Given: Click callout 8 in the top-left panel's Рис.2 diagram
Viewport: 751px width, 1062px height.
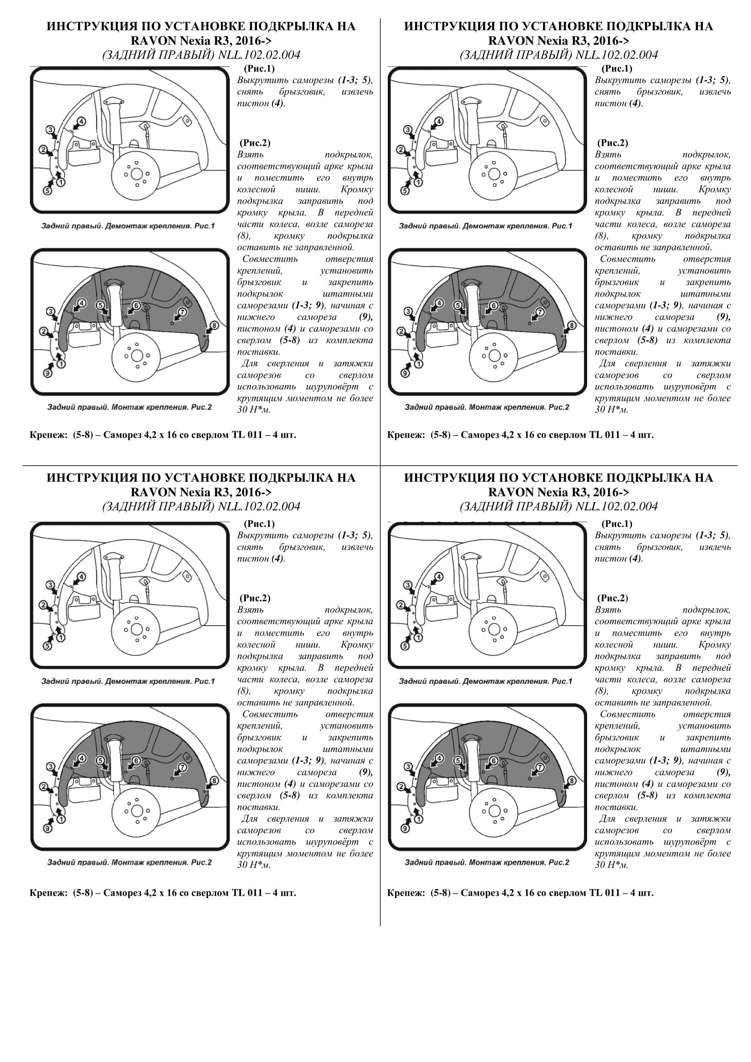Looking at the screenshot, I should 214,326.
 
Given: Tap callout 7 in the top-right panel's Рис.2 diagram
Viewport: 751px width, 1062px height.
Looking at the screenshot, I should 540,312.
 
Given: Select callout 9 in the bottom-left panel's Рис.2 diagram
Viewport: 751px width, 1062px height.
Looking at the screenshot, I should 47,828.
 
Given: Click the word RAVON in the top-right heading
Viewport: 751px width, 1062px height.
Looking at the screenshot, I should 510,40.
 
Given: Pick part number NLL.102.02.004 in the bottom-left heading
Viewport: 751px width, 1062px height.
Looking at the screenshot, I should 259,507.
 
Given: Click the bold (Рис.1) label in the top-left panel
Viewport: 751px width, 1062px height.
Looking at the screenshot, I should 259,69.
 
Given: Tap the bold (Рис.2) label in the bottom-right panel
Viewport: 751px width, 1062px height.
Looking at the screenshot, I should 613,598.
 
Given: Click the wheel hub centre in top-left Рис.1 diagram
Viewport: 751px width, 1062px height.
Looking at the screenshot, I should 136,174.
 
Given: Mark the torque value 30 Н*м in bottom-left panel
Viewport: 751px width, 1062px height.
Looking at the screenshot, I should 253,864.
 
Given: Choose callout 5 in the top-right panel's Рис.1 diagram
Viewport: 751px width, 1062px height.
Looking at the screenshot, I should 405,191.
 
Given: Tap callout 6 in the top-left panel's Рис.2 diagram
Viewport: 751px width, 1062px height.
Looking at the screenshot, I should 136,305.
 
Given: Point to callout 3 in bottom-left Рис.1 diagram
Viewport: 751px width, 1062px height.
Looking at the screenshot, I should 50,585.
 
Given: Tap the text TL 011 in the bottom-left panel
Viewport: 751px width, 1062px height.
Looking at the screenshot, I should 247,893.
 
